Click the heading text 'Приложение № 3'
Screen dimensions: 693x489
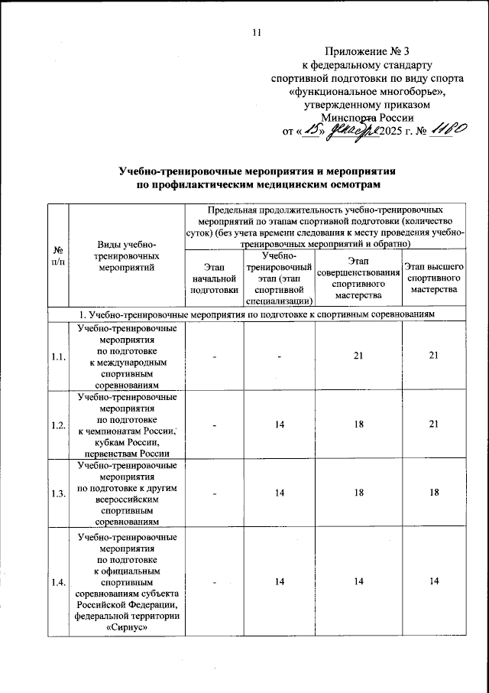click(368, 51)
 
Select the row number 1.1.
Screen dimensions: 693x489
click(58, 356)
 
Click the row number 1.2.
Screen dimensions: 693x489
click(58, 425)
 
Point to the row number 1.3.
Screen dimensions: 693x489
click(58, 493)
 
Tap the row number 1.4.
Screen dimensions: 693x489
click(58, 583)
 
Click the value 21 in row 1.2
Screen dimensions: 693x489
click(434, 425)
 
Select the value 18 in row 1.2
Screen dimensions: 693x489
click(359, 425)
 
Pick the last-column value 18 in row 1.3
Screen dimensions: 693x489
click(434, 493)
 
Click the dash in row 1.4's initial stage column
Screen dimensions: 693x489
click(215, 583)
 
